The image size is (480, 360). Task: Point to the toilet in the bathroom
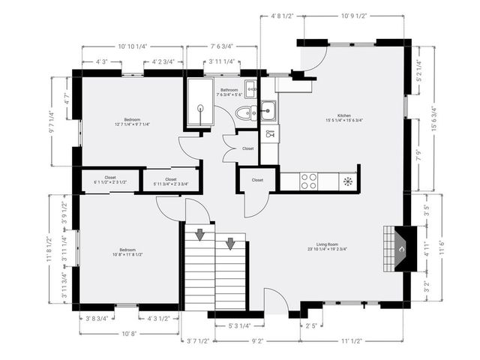pyautogui.click(x=243, y=113)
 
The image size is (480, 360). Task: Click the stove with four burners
pyautogui.click(x=308, y=180)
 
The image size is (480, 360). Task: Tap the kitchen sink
pyautogui.click(x=268, y=110)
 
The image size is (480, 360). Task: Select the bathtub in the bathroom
pyautogui.click(x=200, y=105)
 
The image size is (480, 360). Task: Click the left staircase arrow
pyautogui.click(x=200, y=235)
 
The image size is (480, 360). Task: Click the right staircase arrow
pyautogui.click(x=231, y=242)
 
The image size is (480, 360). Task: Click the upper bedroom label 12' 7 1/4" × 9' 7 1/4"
pyautogui.click(x=132, y=121)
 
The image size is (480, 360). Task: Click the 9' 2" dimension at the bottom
pyautogui.click(x=256, y=340)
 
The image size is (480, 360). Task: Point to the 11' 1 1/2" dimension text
pyautogui.click(x=352, y=340)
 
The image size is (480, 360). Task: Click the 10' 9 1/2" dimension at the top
pyautogui.click(x=352, y=16)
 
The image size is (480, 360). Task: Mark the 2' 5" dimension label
pyautogui.click(x=311, y=325)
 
